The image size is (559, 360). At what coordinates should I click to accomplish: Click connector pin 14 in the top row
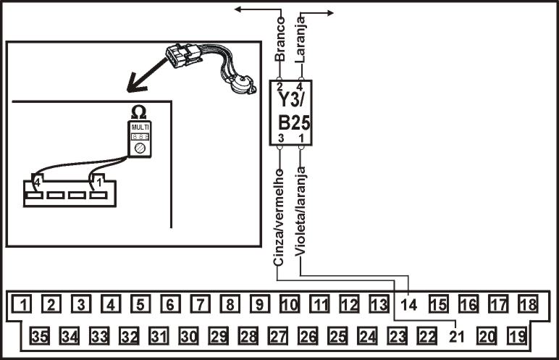[x=410, y=305]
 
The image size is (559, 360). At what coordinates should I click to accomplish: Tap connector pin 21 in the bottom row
[x=456, y=336]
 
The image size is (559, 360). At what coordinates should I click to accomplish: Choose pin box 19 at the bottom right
[x=515, y=336]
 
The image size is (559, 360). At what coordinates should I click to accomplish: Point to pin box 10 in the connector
[x=289, y=305]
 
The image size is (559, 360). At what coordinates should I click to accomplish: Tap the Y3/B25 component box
[x=290, y=113]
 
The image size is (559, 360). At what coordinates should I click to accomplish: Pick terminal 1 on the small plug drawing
[x=97, y=185]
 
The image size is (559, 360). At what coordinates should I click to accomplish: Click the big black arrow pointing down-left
[x=145, y=76]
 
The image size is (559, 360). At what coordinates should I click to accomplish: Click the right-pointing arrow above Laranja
[x=321, y=12]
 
